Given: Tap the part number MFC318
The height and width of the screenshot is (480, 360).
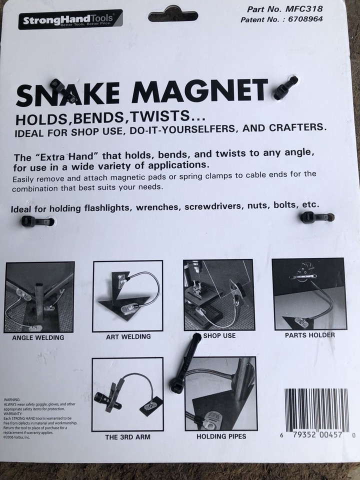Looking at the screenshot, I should (306, 9).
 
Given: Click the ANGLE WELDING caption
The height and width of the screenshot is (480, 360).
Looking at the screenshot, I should (38, 337).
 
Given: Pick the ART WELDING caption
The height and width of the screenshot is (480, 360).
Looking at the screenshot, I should (128, 337).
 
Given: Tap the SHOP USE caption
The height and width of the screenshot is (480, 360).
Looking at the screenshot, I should (219, 335).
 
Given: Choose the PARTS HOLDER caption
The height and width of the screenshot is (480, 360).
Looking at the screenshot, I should (310, 335).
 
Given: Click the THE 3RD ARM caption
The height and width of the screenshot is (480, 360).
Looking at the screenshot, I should (127, 437).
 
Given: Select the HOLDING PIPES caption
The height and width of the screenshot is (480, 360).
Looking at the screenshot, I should (221, 436).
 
